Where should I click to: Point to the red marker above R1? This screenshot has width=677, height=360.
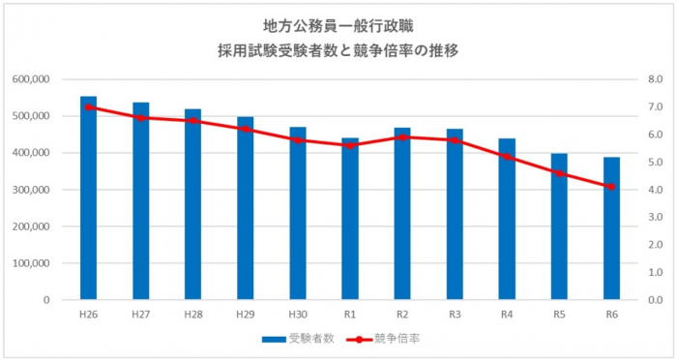click(350, 145)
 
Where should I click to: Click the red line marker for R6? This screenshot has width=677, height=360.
click(611, 187)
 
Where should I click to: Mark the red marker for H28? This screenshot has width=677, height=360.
click(193, 121)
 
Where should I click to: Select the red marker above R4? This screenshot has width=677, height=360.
click(507, 156)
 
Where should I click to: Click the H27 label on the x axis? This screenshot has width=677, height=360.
click(140, 314)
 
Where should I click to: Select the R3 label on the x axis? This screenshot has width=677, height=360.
click(455, 314)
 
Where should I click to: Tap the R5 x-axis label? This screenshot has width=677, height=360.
click(559, 314)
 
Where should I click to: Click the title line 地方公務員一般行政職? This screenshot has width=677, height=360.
click(338, 25)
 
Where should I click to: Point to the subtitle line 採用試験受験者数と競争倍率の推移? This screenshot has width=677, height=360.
click(338, 49)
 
